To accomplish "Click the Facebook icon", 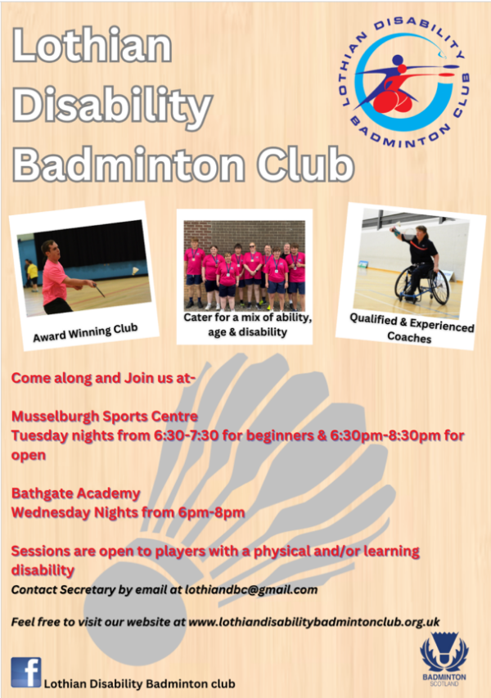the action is [26, 672].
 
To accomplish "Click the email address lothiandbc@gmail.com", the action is [251, 590].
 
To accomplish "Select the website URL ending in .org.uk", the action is [314, 622].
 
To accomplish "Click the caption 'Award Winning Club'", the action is [85, 333].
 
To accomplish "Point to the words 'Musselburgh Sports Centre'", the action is [105, 417].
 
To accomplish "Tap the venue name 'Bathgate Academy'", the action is [75, 493].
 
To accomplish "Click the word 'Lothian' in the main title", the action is [92, 45].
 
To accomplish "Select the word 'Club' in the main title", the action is [305, 164].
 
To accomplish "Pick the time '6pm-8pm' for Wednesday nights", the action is [211, 513].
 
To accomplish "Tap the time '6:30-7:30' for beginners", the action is [186, 435].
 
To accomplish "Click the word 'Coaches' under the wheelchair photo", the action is [409, 337].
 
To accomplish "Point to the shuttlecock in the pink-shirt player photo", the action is [135, 271].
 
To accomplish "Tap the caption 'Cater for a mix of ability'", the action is [247, 317].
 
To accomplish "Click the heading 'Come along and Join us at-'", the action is [103, 378].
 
